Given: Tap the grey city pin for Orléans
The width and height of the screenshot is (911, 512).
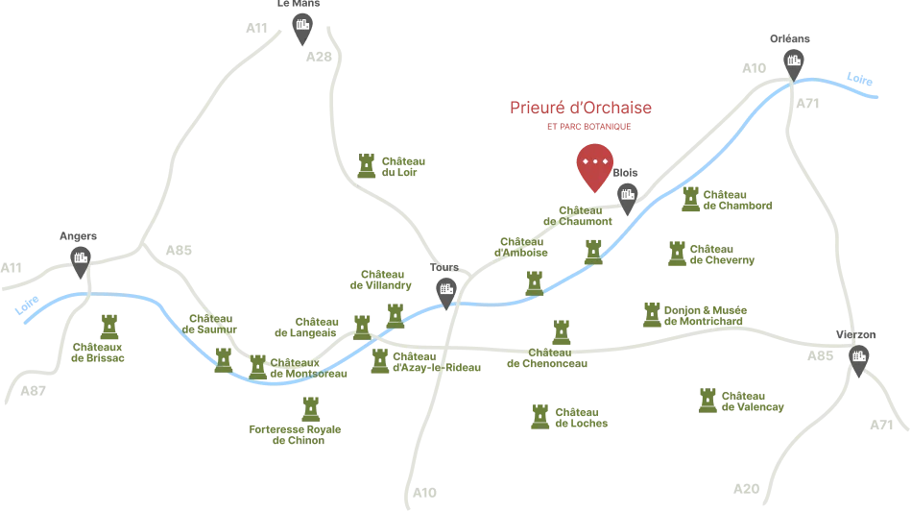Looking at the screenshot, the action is tap(794, 64).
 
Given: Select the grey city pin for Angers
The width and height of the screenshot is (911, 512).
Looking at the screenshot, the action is tap(81, 261).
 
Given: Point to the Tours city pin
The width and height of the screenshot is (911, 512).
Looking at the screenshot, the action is tap(446, 293).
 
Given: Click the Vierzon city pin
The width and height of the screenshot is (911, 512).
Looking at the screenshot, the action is tap(859, 360).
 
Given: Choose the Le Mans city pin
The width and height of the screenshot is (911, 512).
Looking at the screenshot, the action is tap(302, 29).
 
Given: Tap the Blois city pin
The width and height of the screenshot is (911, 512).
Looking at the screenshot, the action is tap(628, 199).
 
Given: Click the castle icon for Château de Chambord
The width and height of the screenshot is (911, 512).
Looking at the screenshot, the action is tap(690, 200).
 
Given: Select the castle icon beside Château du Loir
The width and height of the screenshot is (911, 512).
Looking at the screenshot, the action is tap(367, 165).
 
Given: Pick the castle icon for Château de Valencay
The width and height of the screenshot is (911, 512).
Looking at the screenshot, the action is tap(707, 401).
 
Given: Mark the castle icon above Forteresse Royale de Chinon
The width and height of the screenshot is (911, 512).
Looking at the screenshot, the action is tap(311, 409).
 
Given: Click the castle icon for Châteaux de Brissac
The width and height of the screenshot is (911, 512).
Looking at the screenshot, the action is tap(109, 327).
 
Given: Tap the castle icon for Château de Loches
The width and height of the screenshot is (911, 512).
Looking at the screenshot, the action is tap(540, 417).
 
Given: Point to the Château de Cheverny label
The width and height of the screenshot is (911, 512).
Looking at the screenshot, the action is tap(722, 255).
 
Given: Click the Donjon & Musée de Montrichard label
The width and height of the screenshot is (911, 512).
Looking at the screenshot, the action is tap(706, 316).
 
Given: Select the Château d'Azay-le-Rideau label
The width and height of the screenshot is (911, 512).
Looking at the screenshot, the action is tap(437, 362).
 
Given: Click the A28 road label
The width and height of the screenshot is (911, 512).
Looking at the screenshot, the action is tap(319, 57).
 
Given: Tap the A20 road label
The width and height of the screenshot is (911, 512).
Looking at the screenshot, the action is tap(747, 489).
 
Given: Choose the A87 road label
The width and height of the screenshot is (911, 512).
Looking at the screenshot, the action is tap(33, 391).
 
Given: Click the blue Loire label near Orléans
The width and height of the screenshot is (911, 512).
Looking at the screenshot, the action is tap(859, 79).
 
